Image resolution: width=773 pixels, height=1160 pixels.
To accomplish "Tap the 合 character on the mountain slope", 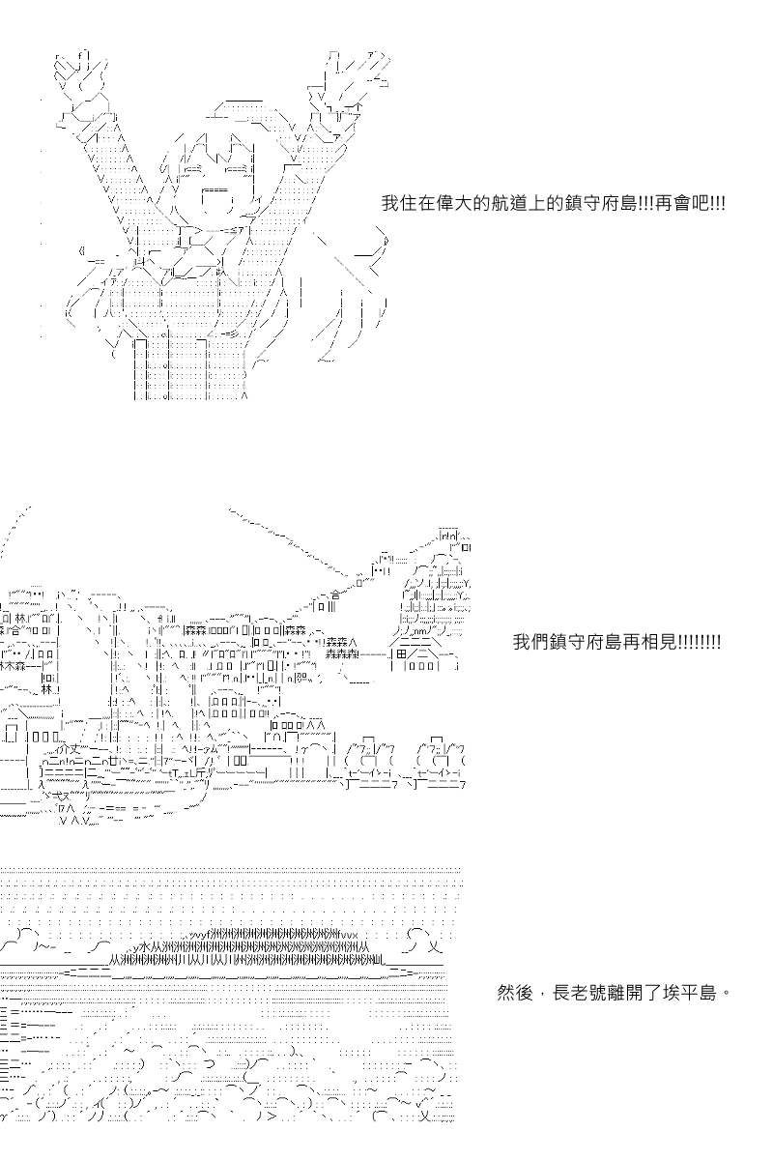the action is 335,595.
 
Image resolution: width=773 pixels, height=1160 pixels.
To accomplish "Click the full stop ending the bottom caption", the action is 726,992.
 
